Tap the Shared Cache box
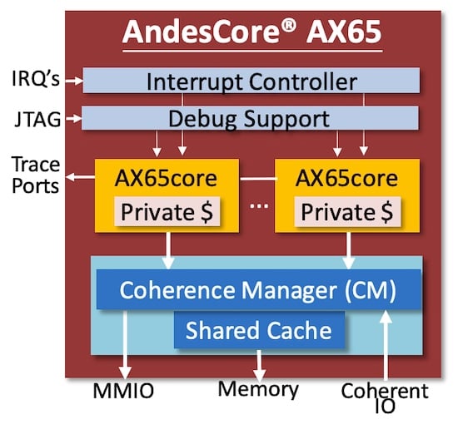258,331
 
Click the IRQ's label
35,81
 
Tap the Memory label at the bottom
258,389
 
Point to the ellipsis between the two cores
259,205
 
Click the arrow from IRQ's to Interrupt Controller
73,81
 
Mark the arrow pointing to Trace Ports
80,176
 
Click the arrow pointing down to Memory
259,362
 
